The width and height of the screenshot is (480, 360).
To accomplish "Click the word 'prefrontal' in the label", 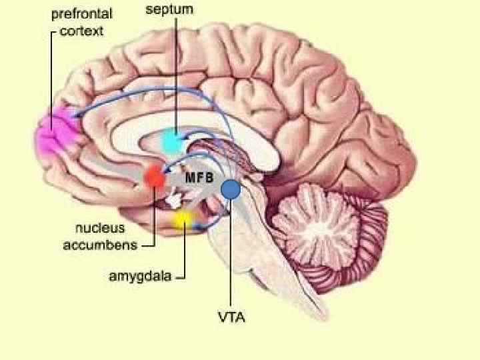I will (82, 13).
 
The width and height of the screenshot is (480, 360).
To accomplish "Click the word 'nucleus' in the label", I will (99, 229).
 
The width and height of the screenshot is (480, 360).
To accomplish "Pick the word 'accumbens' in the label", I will (100, 245).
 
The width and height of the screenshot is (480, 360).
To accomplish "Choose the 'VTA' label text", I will (231, 317).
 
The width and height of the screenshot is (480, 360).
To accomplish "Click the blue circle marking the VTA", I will (231, 190).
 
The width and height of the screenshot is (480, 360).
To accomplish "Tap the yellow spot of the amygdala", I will (182, 218).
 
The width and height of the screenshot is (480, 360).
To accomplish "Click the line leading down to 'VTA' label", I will (231, 267).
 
